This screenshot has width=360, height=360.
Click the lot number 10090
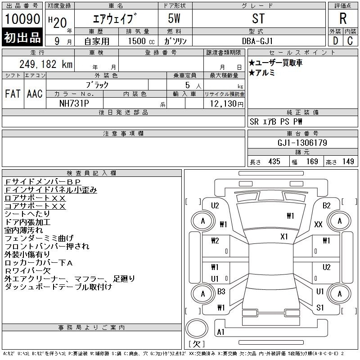[22, 19]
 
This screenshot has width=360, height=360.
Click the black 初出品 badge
[22, 37]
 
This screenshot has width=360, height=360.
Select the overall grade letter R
[343, 18]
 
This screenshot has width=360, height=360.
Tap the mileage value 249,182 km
[46, 64]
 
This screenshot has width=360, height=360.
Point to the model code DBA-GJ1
[257, 41]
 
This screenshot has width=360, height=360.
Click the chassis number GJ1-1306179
[302, 143]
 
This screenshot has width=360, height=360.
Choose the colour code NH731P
[74, 103]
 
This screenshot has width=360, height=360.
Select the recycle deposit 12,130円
[226, 103]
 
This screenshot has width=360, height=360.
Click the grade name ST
[258, 18]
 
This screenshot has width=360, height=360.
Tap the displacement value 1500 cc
[141, 41]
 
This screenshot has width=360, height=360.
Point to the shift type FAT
[13, 94]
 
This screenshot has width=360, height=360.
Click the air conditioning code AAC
[35, 94]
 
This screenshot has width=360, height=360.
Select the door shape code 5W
[174, 18]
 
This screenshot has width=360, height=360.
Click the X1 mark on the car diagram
[284, 237]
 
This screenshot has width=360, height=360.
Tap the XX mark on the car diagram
[318, 224]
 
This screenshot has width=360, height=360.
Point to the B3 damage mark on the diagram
[221, 292]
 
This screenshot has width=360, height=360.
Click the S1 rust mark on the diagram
[320, 307]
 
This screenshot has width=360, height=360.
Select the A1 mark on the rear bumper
[220, 332]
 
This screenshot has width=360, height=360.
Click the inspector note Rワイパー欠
[27, 271]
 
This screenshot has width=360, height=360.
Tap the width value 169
[312, 162]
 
